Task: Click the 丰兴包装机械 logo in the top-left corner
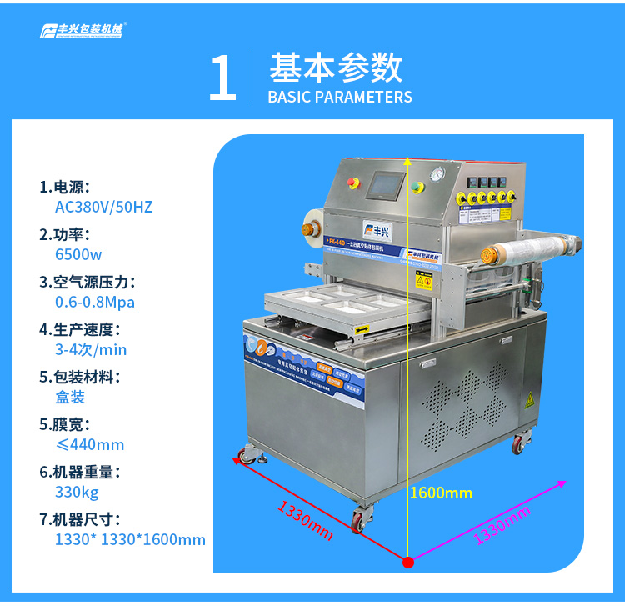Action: (x=83, y=31)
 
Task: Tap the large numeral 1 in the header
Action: (x=222, y=80)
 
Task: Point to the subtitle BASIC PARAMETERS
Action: (x=340, y=97)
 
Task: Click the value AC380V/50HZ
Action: (x=103, y=206)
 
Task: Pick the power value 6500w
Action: (x=78, y=254)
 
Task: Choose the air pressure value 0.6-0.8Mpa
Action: (x=94, y=302)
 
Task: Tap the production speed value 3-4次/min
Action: (x=91, y=349)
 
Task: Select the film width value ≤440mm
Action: (x=89, y=444)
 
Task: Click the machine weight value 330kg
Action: (x=77, y=492)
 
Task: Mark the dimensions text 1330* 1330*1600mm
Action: (x=130, y=539)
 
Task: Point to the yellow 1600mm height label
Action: (x=441, y=493)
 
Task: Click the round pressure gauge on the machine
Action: (x=435, y=174)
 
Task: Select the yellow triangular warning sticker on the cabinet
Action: (x=527, y=399)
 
